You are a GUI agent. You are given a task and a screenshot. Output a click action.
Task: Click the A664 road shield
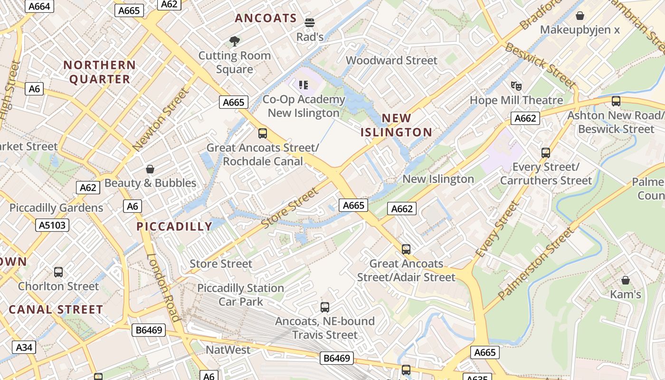click(39, 6)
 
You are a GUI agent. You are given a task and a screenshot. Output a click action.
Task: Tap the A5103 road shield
click(52, 225)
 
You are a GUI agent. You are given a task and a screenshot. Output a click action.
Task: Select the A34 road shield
click(24, 347)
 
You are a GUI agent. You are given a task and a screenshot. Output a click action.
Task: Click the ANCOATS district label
click(266, 19)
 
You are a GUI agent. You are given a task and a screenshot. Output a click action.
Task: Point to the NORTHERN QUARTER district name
click(100, 72)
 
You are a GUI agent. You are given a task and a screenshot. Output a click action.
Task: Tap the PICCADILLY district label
click(174, 227)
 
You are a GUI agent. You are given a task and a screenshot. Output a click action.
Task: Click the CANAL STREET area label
click(56, 310)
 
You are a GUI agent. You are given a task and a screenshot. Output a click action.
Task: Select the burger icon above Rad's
click(310, 22)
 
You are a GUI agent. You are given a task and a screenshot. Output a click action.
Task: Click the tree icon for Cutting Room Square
click(234, 41)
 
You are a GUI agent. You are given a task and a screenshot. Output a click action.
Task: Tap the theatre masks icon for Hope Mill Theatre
click(516, 86)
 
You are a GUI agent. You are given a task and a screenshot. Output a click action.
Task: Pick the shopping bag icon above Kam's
click(626, 280)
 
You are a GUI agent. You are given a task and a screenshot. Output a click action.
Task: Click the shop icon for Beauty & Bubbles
click(150, 169)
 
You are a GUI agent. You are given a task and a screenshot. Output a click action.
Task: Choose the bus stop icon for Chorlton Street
click(58, 272)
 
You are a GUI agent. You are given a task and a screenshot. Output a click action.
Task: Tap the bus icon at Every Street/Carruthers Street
click(546, 153)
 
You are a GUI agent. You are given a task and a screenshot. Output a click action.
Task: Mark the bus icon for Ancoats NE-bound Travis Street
click(325, 307)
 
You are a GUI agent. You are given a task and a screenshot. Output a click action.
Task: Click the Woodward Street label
click(391, 60)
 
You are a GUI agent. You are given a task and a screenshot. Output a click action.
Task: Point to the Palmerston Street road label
click(535, 264)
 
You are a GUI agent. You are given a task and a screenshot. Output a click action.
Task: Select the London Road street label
click(164, 288)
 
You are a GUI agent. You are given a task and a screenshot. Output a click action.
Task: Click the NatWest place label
click(228, 350)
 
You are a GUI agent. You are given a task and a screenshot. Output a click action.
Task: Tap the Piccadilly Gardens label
click(56, 208)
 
